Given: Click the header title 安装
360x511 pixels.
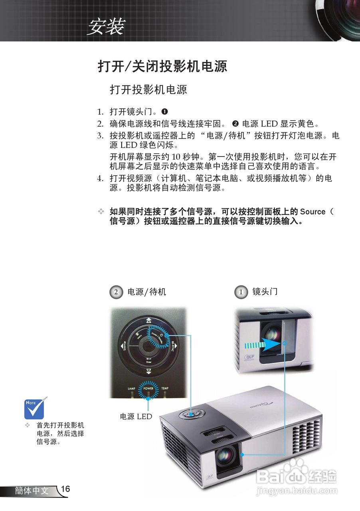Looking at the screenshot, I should tap(106, 27).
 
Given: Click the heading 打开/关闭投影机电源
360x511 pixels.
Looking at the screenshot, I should tap(162, 66).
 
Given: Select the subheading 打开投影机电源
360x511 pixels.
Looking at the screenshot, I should tap(148, 89).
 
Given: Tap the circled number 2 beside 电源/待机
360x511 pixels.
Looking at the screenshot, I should tap(116, 292).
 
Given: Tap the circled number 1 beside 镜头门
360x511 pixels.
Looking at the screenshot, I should tap(241, 292).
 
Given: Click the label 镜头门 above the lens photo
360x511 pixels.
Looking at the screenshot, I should tap(265, 292).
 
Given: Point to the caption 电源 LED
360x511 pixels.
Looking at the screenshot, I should tap(136, 416).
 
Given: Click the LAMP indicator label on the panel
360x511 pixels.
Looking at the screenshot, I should tap(132, 388).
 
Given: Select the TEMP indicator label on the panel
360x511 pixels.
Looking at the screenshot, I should tap(165, 388).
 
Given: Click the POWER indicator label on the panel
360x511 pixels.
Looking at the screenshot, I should tap(148, 388).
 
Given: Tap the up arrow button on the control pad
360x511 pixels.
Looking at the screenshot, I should tap(148, 320).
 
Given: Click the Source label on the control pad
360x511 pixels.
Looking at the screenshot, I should tap(125, 346).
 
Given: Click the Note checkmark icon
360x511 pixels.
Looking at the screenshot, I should tap(36, 407).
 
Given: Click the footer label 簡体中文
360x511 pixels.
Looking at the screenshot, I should tap(32, 491).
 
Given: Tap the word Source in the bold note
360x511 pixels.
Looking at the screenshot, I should tap(313, 212).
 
